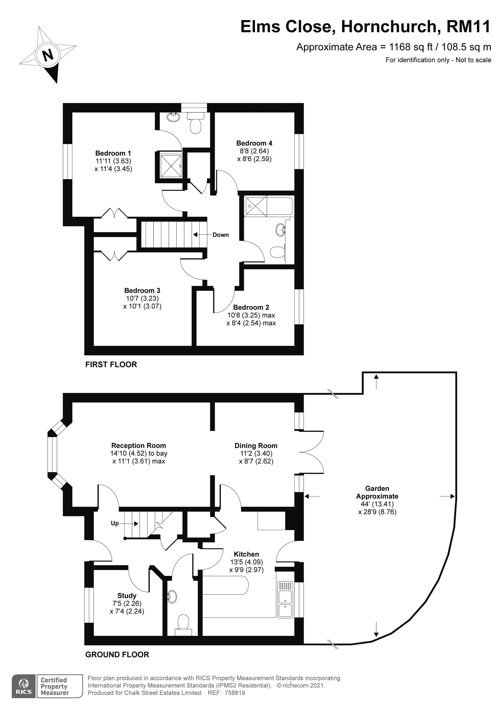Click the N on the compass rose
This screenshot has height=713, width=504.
[x=48, y=56]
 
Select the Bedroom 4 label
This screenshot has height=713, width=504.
[x=254, y=143]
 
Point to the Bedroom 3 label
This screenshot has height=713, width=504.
[x=142, y=290]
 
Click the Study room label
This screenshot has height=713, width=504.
[x=127, y=596]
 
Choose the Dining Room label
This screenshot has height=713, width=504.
[x=256, y=446]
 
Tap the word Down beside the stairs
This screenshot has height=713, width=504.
[x=220, y=235]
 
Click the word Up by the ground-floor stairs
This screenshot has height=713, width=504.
[x=115, y=523]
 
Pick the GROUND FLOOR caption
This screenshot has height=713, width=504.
[x=117, y=654]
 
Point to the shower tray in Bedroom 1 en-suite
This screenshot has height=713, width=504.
[x=171, y=166]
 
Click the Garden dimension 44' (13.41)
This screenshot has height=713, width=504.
[x=377, y=504]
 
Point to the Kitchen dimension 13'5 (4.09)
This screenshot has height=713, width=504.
[x=246, y=562]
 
